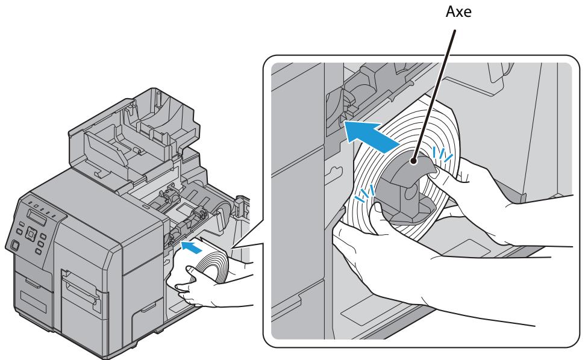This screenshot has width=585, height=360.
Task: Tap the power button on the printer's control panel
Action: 11,244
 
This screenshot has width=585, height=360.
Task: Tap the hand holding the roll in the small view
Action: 205,292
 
